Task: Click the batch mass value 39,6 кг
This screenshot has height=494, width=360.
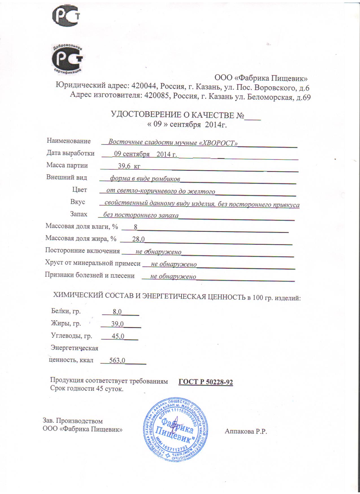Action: coord(129,167)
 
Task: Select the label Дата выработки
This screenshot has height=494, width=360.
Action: coord(70,153)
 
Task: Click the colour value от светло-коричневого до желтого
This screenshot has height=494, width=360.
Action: coord(161,191)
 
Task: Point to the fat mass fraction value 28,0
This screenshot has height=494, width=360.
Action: coord(138,239)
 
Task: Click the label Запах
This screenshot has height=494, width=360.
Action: coord(78,214)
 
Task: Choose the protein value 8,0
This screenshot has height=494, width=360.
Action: coord(117,312)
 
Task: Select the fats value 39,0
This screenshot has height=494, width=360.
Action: coord(117,324)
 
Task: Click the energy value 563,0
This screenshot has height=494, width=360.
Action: coord(119,360)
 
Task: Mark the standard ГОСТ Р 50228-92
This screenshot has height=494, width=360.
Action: coord(206,382)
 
